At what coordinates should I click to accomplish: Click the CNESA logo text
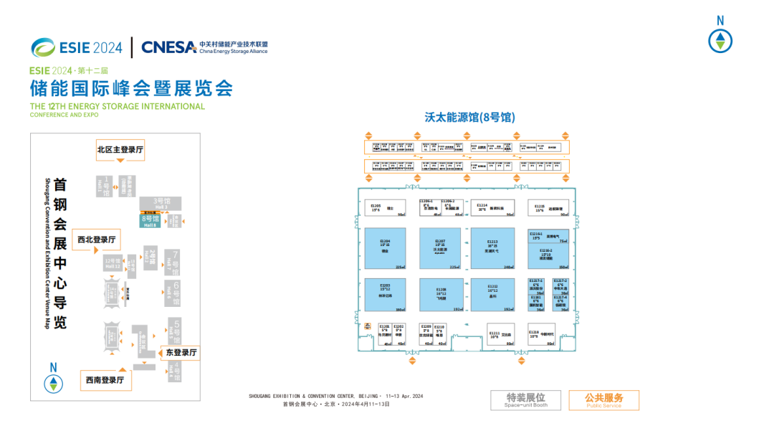click(x=168, y=47)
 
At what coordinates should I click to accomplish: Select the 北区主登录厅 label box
click(x=120, y=150)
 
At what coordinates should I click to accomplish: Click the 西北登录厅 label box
click(x=97, y=240)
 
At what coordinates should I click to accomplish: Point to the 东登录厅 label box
click(x=181, y=352)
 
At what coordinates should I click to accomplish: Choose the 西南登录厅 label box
click(x=105, y=380)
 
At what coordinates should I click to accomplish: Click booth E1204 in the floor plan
click(x=386, y=247)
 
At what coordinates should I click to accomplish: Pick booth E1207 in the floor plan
click(x=440, y=247)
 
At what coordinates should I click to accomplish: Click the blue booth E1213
click(x=492, y=247)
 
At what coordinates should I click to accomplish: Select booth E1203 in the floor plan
click(x=386, y=294)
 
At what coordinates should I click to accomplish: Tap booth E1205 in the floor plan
click(x=386, y=208)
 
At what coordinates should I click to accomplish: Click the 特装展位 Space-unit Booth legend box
click(x=525, y=400)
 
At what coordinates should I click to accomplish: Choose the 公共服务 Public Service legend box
click(x=603, y=400)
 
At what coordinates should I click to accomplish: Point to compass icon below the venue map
click(x=53, y=380)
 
